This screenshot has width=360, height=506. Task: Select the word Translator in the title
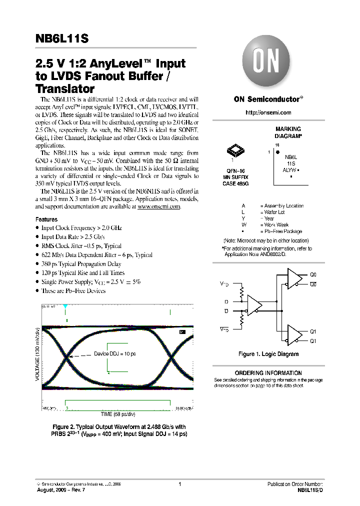tap(65, 89)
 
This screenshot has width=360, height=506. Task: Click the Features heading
tap(46, 219)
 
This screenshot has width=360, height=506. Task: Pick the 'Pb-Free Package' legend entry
tap(280, 231)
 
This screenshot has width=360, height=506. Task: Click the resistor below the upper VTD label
tap(242, 292)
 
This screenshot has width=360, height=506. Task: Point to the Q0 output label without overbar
tap(313, 274)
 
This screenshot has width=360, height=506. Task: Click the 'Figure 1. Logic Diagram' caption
tap(268, 354)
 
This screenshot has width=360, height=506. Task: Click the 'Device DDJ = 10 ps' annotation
tap(115, 354)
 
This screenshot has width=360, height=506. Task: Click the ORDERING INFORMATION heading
tap(268, 373)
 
